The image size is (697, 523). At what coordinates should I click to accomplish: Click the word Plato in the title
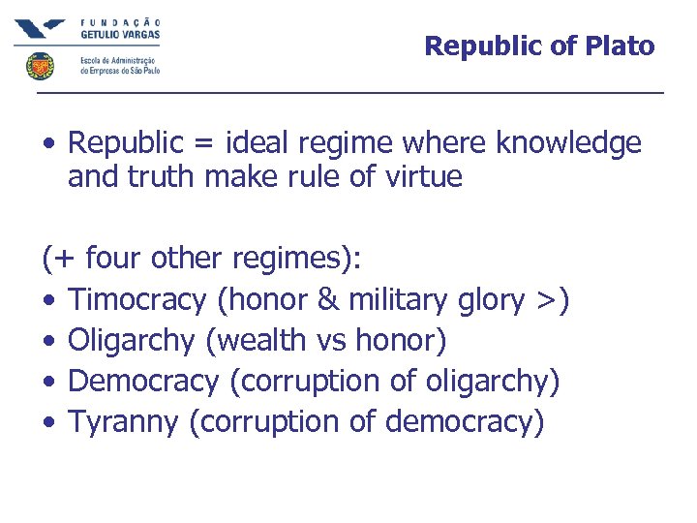coord(620,46)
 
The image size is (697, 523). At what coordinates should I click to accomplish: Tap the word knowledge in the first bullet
coord(568,143)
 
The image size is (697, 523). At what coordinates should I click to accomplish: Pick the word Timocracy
coord(137,300)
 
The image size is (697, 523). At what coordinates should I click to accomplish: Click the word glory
coord(489,301)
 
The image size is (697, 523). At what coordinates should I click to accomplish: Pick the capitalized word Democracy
coord(143,382)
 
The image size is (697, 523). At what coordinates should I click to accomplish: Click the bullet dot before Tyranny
coord(48,423)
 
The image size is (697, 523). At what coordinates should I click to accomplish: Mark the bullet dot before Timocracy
coord(48,301)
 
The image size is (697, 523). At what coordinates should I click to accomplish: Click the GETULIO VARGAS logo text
coord(120,33)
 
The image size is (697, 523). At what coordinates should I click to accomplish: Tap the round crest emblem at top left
coord(40,66)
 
